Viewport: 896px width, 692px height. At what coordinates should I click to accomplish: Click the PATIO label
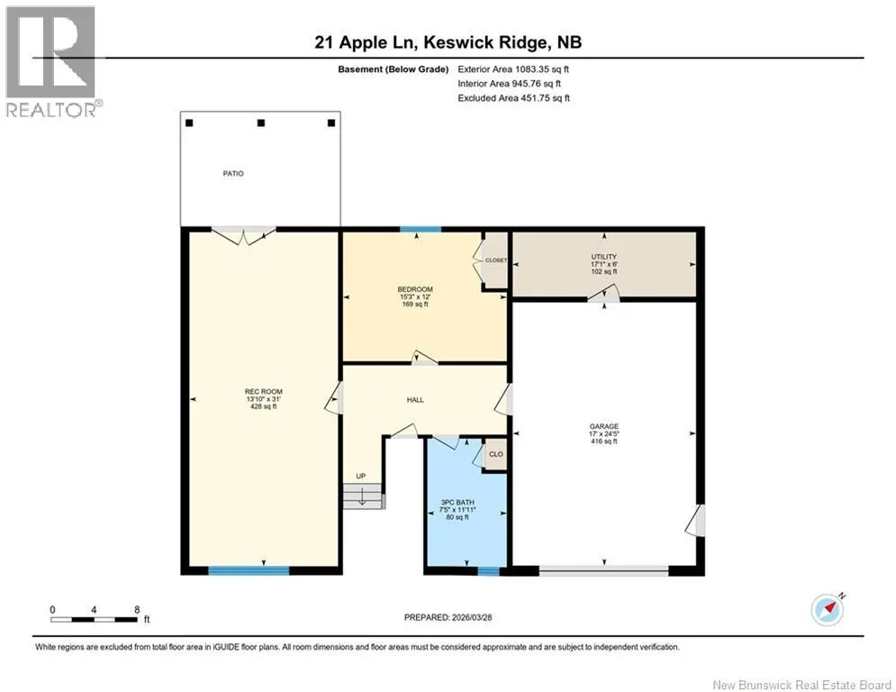[233, 173]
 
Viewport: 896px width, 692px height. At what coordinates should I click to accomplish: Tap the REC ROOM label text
[264, 392]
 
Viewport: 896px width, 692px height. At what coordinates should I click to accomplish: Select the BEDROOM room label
[415, 289]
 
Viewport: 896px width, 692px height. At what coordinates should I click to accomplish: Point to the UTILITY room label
[604, 257]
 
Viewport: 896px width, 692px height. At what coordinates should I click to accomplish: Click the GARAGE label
[604, 426]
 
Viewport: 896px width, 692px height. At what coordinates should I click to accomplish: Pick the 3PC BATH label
[457, 502]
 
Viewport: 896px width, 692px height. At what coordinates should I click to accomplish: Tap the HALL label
[415, 400]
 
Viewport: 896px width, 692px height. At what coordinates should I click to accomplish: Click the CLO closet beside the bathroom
[496, 454]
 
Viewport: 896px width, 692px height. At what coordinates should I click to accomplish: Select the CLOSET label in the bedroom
[496, 260]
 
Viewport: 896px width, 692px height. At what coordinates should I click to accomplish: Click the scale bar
[94, 619]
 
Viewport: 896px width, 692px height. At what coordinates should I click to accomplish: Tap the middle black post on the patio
[261, 123]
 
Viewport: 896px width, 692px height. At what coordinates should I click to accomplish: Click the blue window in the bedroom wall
[421, 230]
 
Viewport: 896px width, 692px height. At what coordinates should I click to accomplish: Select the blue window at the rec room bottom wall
[249, 570]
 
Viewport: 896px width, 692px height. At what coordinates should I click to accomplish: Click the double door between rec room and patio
[244, 235]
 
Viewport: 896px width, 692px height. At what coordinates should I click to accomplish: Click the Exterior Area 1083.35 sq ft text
[513, 69]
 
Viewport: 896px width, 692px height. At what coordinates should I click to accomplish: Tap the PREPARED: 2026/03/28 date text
[448, 617]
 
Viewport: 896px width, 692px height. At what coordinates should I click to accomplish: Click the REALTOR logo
[51, 62]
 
